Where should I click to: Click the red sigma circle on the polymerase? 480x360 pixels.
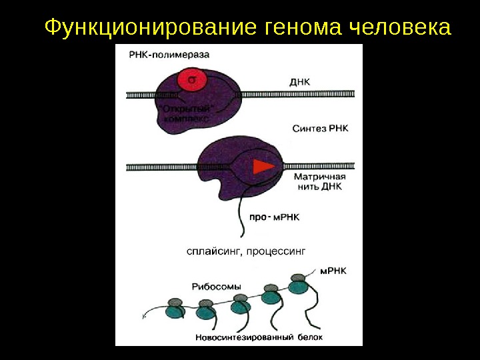pyautogui.click(x=191, y=80)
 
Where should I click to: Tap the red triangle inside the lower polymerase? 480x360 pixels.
pyautogui.click(x=265, y=165)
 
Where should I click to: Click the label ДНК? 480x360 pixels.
pyautogui.click(x=301, y=81)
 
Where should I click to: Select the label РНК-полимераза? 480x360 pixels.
pyautogui.click(x=157, y=55)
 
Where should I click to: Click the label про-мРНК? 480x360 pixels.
pyautogui.click(x=275, y=217)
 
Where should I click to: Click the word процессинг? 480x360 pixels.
pyautogui.click(x=277, y=251)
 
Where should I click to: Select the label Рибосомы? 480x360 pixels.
pyautogui.click(x=215, y=286)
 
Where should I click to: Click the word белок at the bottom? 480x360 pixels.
pyautogui.click(x=310, y=337)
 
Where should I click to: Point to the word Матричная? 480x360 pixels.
pyautogui.click(x=319, y=177)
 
